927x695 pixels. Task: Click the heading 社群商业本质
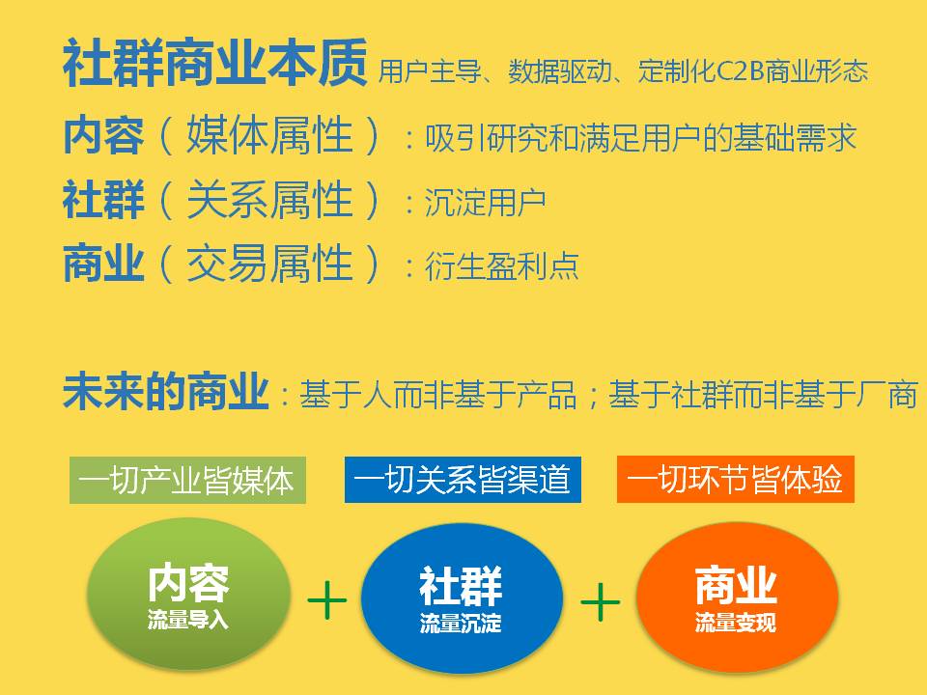214,63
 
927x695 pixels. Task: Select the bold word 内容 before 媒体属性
103,136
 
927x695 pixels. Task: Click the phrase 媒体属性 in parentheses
269,136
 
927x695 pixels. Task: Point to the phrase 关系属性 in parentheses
269,200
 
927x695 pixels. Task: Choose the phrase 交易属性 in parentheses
269,264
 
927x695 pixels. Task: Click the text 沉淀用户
485,203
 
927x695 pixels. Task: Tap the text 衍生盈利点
501,266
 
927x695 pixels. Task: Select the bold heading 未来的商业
165,391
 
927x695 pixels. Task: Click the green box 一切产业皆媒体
187,480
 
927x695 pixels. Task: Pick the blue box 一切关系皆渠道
463,480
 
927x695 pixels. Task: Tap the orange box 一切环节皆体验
736,480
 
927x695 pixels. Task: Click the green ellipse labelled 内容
188,595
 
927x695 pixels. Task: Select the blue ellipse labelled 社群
462,598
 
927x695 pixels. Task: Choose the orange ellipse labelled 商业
737,597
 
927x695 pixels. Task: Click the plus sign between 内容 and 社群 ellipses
327,600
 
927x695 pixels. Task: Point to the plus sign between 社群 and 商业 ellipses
600,601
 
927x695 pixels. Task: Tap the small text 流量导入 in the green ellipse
188,620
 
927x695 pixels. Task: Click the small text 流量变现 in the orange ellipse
736,623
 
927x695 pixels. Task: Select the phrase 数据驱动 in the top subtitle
559,71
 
